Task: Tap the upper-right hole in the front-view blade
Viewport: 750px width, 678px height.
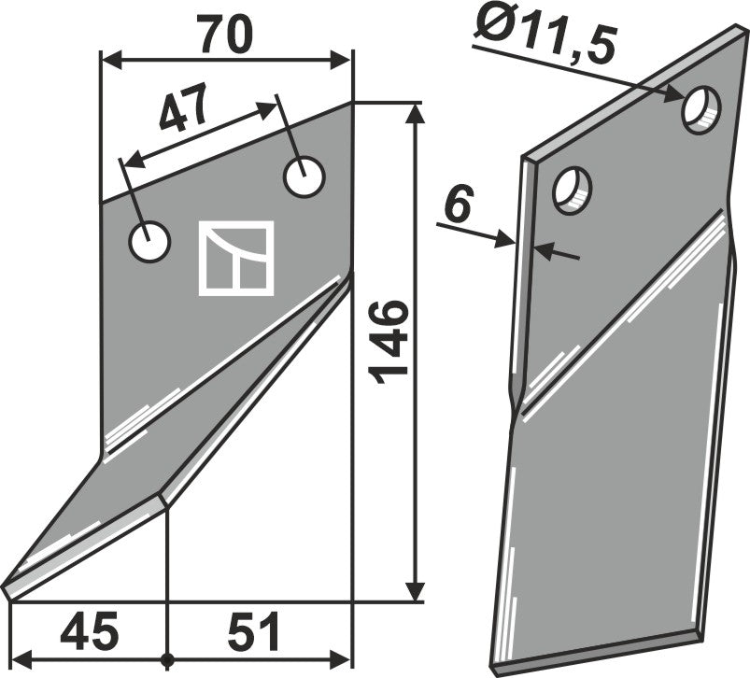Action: (304, 177)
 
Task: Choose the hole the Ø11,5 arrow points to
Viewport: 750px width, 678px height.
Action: (701, 108)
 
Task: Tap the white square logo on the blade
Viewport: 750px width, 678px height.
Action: (235, 259)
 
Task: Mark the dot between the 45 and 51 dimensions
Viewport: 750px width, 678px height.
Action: (166, 655)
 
